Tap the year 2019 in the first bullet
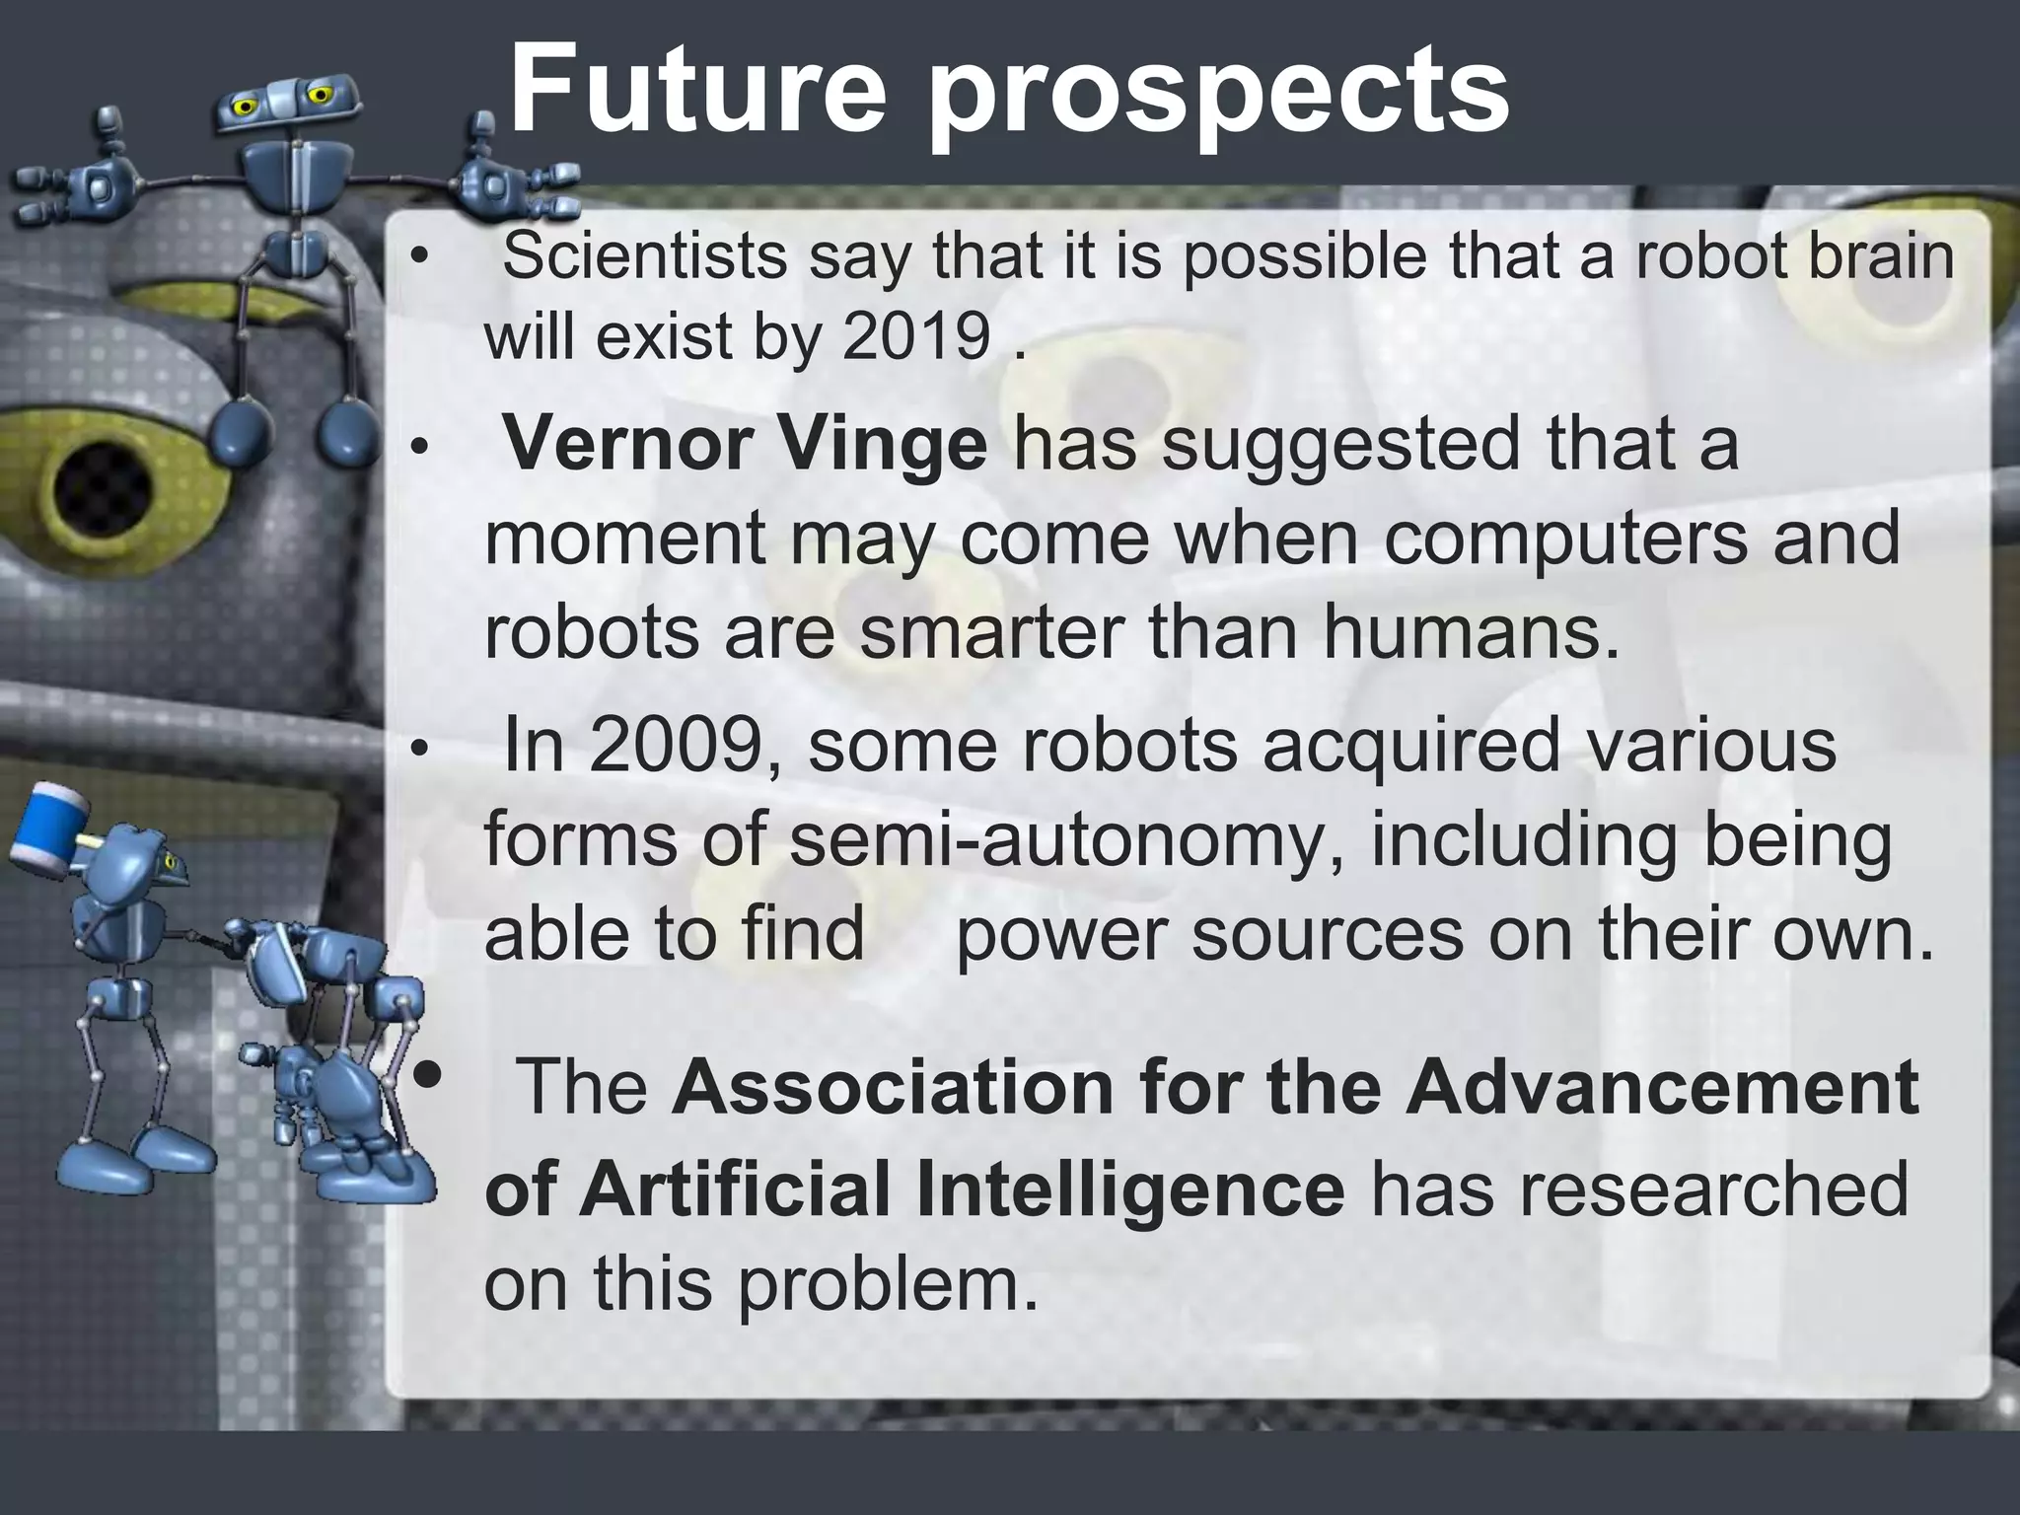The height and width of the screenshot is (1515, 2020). pyautogui.click(x=917, y=337)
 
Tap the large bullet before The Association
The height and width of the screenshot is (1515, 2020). pyautogui.click(x=426, y=1074)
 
